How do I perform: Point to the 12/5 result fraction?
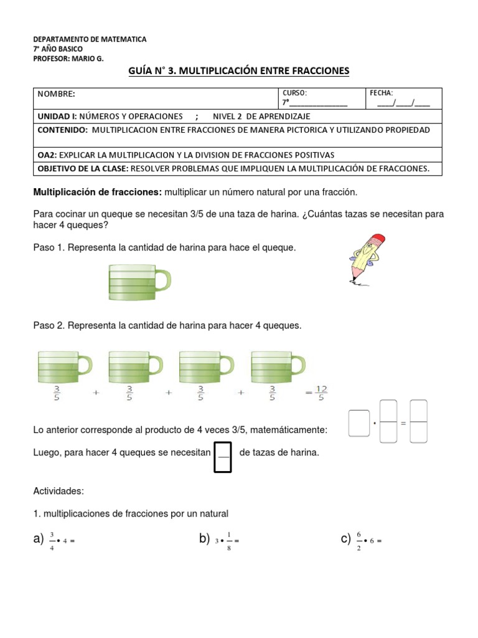321,393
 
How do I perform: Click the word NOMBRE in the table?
56,94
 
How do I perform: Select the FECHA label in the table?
382,92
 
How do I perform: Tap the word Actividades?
59,492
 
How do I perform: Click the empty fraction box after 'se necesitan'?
223,457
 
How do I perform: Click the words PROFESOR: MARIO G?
68,59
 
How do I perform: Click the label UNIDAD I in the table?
57,117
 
